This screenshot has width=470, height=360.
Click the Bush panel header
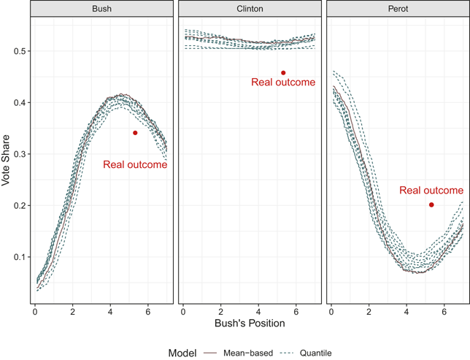click(x=101, y=9)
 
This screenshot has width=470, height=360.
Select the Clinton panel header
click(x=250, y=9)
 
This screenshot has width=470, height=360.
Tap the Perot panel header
click(x=398, y=9)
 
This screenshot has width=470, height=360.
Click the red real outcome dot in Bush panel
click(x=135, y=133)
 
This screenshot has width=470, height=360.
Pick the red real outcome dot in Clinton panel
click(x=283, y=72)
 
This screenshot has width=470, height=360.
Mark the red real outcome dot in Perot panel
click(x=431, y=205)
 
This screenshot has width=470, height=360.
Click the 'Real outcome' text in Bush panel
click(x=135, y=164)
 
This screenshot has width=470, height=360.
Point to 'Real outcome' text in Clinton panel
click(x=283, y=83)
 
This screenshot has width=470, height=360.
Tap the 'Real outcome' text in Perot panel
click(x=431, y=190)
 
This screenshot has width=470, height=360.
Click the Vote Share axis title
click(x=5, y=161)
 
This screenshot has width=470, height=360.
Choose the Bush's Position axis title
click(x=250, y=323)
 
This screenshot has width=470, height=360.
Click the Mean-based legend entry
click(x=239, y=353)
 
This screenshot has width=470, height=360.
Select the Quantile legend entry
click(x=305, y=353)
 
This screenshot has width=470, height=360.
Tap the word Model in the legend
click(x=182, y=353)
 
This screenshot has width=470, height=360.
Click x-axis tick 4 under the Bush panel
click(x=110, y=312)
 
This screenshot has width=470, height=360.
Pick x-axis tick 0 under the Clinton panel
click(x=183, y=312)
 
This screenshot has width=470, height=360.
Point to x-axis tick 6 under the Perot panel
click(x=444, y=312)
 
